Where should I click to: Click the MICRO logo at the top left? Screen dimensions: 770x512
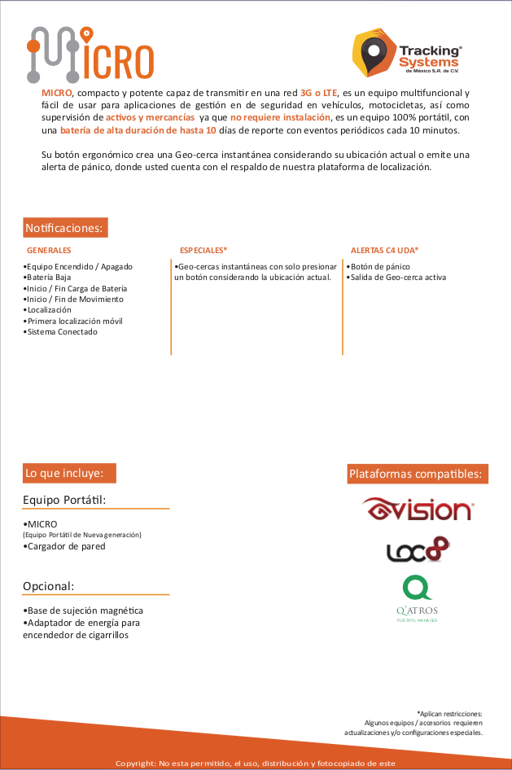click(90, 55)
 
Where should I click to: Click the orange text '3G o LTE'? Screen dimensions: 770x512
click(318, 94)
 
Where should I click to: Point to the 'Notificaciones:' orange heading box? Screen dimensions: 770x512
click(64, 228)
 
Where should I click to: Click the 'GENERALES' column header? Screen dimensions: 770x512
click(49, 251)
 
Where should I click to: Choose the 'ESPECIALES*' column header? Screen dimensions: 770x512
click(203, 251)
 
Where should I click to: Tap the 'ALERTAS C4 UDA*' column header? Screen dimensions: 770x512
click(384, 251)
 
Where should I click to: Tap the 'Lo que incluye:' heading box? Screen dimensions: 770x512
click(68, 472)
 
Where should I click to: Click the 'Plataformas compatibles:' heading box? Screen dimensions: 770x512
click(416, 474)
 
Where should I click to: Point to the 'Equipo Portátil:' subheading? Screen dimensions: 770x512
click(64, 499)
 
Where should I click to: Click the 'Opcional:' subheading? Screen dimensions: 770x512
click(49, 586)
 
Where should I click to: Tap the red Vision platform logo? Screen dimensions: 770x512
click(417, 510)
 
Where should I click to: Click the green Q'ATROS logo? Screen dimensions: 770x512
click(417, 597)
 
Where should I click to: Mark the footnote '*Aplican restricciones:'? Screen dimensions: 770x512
click(449, 712)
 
